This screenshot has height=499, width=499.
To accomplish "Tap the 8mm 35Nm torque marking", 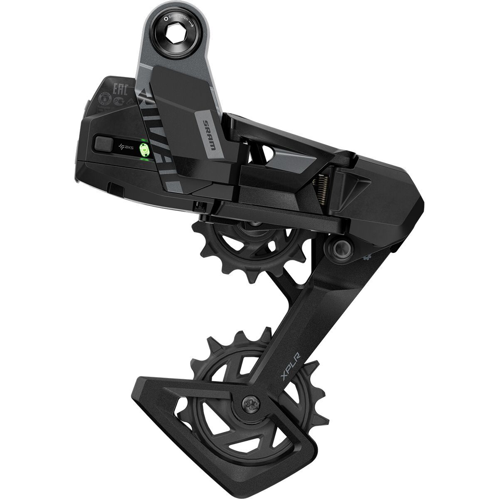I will [182, 19].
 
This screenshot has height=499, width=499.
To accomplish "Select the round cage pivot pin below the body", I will [337, 248].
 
